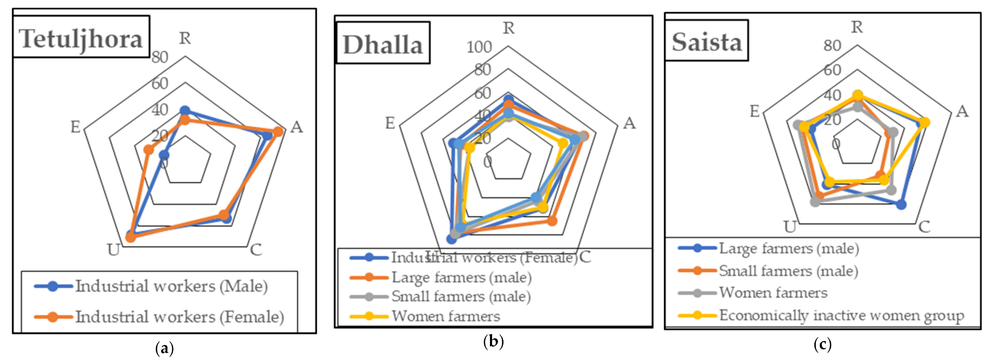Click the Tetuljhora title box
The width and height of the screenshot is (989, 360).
[81, 37]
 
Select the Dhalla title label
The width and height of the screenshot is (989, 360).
[383, 44]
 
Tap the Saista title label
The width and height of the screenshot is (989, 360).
[707, 41]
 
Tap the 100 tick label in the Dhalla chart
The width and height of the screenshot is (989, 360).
[479, 47]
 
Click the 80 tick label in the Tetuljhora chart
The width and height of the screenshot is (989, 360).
[160, 57]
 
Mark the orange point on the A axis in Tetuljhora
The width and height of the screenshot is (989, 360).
[278, 131]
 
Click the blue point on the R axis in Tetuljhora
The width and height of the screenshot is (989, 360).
[185, 111]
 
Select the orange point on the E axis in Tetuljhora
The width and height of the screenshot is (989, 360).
[148, 150]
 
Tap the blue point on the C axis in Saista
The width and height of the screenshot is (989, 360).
[901, 204]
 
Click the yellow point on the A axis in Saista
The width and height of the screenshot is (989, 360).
[925, 122]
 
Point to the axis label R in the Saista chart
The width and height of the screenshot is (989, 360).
[857, 26]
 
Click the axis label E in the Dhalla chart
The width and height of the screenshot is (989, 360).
[390, 123]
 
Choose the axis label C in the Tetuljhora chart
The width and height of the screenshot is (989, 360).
[256, 250]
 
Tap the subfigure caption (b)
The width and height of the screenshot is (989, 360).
[493, 341]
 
